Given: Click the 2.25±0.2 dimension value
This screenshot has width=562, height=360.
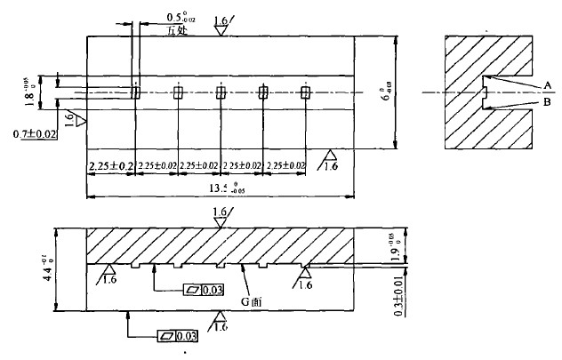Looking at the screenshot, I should point(109,165).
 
